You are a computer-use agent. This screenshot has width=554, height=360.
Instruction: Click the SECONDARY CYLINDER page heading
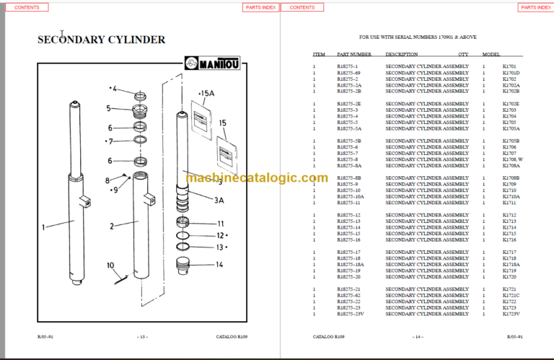click(101, 40)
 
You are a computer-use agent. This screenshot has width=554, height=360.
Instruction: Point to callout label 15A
click(207, 93)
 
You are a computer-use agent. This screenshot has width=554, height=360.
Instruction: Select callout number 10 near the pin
click(110, 265)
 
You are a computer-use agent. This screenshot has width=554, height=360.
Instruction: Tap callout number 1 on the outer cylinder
click(43, 227)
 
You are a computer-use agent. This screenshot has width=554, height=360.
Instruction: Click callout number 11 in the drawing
click(221, 224)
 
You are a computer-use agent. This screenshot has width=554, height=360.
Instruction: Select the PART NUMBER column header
click(354, 54)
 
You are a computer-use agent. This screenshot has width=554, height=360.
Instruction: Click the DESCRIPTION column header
click(402, 54)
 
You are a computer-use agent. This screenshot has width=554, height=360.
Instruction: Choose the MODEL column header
click(491, 54)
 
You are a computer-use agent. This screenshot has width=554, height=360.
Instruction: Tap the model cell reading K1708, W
click(513, 159)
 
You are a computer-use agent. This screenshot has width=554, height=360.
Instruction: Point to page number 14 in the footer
click(417, 337)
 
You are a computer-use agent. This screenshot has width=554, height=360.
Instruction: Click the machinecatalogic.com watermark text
click(256, 178)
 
